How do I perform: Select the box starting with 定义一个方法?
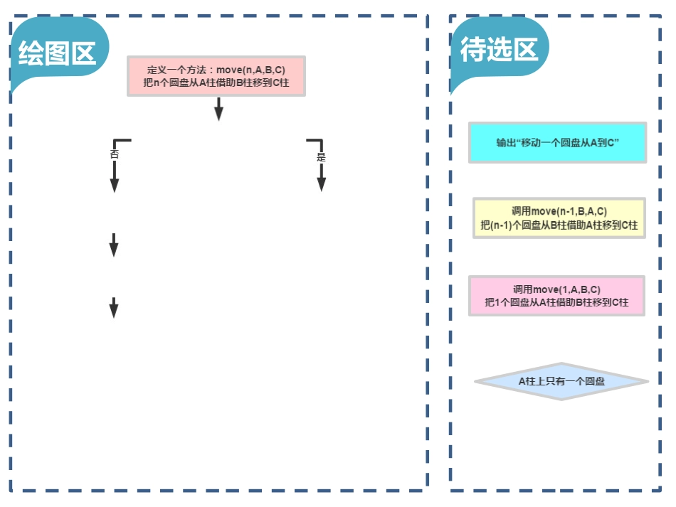[x=216, y=76]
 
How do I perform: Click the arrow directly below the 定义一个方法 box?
[x=218, y=109]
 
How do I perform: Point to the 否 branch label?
[x=114, y=154]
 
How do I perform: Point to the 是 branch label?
[x=321, y=157]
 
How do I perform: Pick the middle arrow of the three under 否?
[x=113, y=245]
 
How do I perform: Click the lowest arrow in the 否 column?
[x=113, y=307]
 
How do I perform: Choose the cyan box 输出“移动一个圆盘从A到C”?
[x=557, y=143]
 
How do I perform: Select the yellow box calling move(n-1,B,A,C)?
[x=559, y=218]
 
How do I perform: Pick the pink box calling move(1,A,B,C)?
[x=556, y=296]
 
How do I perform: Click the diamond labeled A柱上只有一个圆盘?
[x=561, y=382]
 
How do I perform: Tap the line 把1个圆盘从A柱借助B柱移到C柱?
[x=556, y=302]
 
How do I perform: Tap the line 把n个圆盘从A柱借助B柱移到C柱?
[x=216, y=82]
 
